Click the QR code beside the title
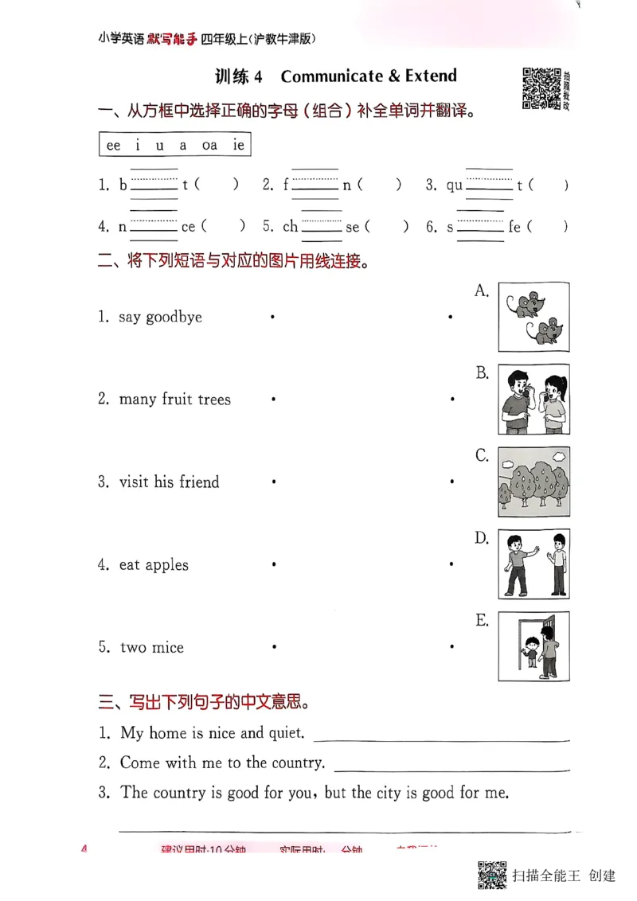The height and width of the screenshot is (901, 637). [540, 88]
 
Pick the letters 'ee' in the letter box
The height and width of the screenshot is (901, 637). [113, 145]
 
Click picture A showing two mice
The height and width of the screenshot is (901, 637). [533, 317]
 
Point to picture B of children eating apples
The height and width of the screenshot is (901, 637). [533, 400]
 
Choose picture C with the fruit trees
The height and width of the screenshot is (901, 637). [533, 482]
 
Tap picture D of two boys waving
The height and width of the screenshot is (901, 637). [533, 564]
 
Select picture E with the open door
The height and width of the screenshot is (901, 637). [533, 646]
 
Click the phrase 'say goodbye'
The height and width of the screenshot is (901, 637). [160, 317]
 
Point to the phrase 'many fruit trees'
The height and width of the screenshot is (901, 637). [174, 400]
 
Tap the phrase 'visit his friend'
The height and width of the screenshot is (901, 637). [169, 482]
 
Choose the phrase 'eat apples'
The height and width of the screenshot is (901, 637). [154, 565]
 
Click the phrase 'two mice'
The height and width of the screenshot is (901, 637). [151, 648]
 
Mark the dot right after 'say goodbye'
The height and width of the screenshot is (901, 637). [272, 317]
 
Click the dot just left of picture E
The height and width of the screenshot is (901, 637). [451, 647]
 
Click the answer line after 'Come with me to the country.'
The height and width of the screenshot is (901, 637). [451, 769]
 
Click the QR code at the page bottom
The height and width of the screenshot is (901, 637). [493, 875]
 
